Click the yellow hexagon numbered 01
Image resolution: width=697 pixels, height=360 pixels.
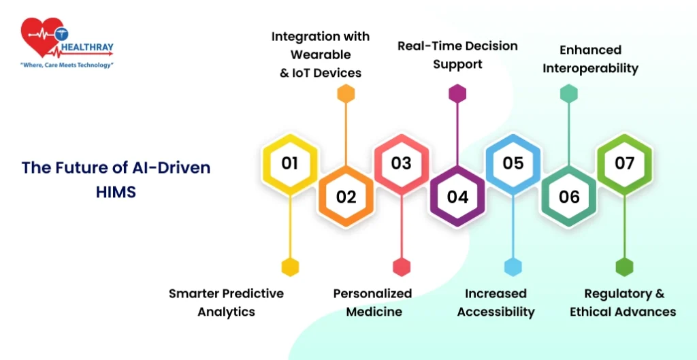(290, 163)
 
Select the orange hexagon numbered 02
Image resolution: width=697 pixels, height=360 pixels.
(346, 197)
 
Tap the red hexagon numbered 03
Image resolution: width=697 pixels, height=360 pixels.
(402, 163)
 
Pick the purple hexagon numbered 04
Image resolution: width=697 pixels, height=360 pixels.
(457, 197)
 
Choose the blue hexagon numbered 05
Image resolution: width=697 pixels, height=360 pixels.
(513, 163)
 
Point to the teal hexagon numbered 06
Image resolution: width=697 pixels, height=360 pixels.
(569, 197)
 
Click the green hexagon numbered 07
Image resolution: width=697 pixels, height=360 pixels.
(625, 163)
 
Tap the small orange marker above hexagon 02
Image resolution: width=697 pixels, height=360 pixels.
(346, 94)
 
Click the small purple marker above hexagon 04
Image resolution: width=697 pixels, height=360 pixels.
(457, 94)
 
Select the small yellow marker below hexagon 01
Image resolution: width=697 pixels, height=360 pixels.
(290, 267)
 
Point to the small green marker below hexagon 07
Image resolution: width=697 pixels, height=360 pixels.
(625, 267)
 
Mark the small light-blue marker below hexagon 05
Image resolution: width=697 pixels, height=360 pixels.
(513, 267)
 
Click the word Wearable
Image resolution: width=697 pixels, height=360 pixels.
(321, 54)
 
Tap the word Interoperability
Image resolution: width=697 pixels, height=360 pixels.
(590, 69)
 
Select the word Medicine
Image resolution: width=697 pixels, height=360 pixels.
(374, 312)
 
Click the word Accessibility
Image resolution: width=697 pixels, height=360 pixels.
(496, 312)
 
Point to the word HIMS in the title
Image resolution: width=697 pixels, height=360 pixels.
(116, 192)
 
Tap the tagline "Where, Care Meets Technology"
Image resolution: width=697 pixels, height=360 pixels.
(67, 65)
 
